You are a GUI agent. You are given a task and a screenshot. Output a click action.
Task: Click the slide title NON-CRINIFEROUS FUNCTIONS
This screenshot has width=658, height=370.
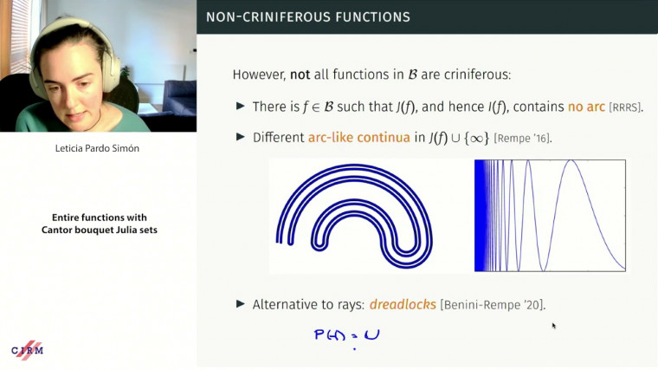pos(307,17)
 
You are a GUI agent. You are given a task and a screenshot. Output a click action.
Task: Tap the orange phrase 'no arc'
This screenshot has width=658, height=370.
pos(586,107)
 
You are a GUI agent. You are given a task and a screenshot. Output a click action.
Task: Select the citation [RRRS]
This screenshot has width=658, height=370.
pos(627,107)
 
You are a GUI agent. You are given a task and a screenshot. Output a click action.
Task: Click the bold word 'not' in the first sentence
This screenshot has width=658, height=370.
pos(300,75)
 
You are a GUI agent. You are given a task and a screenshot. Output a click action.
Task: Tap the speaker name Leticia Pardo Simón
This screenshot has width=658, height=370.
pos(98,149)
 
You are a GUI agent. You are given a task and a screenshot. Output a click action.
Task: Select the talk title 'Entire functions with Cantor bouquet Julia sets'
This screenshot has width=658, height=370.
pos(98,223)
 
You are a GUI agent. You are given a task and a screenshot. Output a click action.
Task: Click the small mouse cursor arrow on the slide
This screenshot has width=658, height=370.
pos(553,326)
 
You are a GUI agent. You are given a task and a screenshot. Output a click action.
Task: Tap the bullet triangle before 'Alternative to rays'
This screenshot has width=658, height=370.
pos(241,304)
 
